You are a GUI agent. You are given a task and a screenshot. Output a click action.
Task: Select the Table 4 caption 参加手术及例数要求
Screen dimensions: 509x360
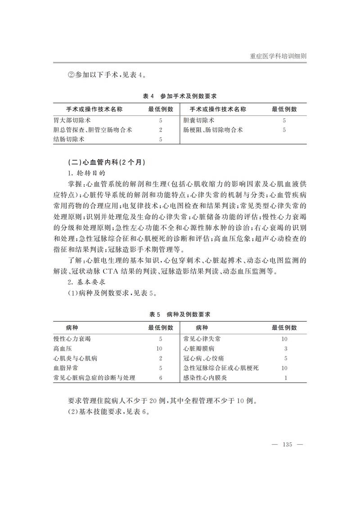[x=180, y=96]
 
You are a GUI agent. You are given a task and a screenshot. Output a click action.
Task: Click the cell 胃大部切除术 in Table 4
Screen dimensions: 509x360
[x=72, y=121]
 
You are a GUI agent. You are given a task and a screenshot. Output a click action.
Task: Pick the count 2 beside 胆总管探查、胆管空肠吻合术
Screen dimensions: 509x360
[x=161, y=130]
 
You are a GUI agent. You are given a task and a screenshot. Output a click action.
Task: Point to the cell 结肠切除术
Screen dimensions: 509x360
[x=69, y=140]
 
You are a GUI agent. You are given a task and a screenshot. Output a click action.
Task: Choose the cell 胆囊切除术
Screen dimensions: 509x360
[x=199, y=121]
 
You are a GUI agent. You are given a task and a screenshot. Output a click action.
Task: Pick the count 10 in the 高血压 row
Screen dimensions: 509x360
[x=159, y=349]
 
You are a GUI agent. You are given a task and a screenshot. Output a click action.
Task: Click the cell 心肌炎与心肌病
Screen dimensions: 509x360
[x=75, y=359]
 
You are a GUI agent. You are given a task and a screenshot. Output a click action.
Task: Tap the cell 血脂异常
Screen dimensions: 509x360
[x=66, y=368]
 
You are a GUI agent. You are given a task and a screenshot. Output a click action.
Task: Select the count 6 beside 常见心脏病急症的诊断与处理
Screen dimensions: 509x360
[x=161, y=378]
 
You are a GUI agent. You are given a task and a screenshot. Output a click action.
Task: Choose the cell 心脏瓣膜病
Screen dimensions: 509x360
[x=199, y=349]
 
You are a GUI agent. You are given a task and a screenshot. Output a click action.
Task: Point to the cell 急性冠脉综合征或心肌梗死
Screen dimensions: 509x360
[x=221, y=368]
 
